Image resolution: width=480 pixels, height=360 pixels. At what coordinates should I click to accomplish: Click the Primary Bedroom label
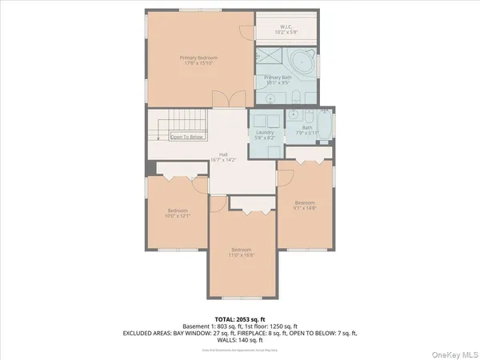198,60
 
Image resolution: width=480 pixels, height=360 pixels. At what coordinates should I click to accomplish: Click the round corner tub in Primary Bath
302,62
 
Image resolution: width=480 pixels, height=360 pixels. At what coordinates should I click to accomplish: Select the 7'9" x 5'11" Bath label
307,130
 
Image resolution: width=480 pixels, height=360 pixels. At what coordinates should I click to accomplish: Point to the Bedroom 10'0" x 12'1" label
178,213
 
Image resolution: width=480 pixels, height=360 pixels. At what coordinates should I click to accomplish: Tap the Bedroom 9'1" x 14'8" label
305,205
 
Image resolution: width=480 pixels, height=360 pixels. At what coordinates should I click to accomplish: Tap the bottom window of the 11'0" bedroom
242,297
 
